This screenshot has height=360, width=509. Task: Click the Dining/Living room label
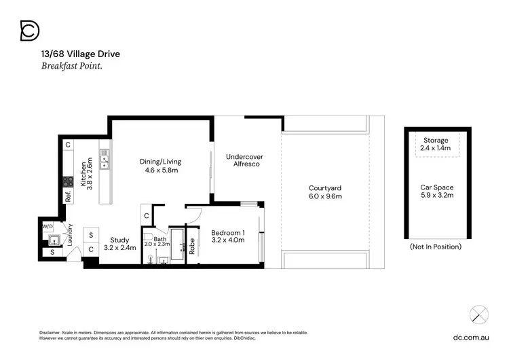point(160,162)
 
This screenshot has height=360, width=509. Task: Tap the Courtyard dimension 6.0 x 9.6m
point(324,196)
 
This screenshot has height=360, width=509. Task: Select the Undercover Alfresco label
point(244,160)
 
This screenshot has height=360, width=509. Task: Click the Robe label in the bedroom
point(193,245)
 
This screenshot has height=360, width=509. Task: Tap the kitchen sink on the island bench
point(105,162)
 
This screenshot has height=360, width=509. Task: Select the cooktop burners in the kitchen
point(68,181)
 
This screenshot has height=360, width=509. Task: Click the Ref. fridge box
point(68,197)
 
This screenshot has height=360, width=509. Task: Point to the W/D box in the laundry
point(48,226)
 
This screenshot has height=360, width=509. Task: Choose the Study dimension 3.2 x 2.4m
point(119,248)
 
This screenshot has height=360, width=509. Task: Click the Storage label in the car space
point(436,141)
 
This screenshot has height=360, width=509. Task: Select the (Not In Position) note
point(436,247)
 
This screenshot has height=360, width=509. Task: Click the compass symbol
point(479,314)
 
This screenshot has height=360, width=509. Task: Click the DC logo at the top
point(30,31)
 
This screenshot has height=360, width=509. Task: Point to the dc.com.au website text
point(471,336)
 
